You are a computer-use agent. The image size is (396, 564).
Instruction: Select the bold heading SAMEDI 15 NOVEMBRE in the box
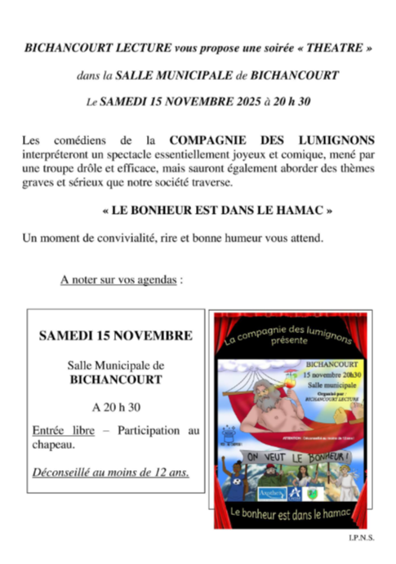(x=116, y=335)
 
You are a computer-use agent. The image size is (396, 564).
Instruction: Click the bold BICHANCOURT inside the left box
(x=116, y=379)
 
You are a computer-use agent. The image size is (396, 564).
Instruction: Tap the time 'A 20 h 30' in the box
(x=116, y=406)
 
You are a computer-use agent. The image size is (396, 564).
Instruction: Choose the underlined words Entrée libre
(x=61, y=429)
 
